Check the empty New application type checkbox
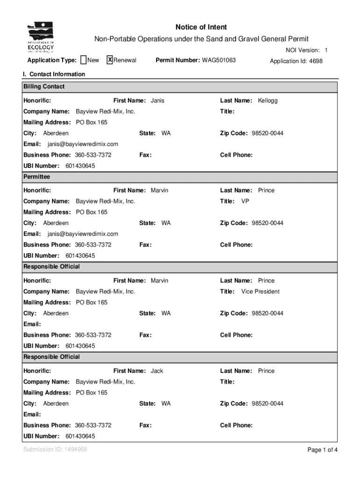tap(83, 60)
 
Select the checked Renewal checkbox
tap(110, 60)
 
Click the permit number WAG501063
tap(219, 60)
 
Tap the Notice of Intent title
tap(201, 27)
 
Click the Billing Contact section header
tap(44, 87)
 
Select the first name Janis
tap(158, 101)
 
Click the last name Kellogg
tap(267, 101)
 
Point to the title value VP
tap(245, 201)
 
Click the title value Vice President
tap(260, 291)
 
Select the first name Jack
tap(157, 371)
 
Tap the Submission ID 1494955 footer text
tap(55, 450)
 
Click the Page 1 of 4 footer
tap(322, 450)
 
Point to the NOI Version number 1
tap(326, 50)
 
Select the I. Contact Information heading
tap(54, 74)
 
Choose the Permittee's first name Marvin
tap(159, 190)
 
